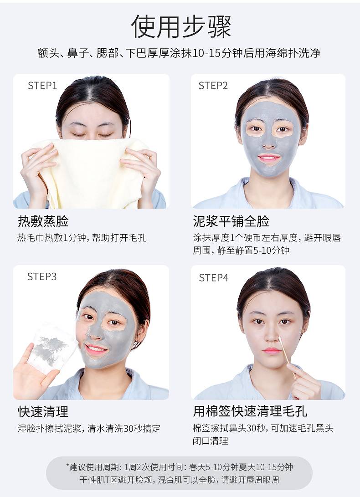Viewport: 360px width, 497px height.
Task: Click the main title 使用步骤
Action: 181,26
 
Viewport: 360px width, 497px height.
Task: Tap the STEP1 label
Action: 42,86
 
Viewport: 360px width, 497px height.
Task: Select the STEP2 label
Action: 213,86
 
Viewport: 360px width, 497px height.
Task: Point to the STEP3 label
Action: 42,277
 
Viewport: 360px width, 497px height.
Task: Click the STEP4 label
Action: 213,278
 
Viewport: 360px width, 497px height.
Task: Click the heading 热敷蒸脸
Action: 43,221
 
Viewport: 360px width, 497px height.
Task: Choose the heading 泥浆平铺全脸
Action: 231,221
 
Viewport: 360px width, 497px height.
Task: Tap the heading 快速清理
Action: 43,412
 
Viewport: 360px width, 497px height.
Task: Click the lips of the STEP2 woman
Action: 269,158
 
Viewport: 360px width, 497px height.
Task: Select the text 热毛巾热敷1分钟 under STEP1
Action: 51,237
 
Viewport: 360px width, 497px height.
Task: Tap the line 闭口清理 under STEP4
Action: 210,441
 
